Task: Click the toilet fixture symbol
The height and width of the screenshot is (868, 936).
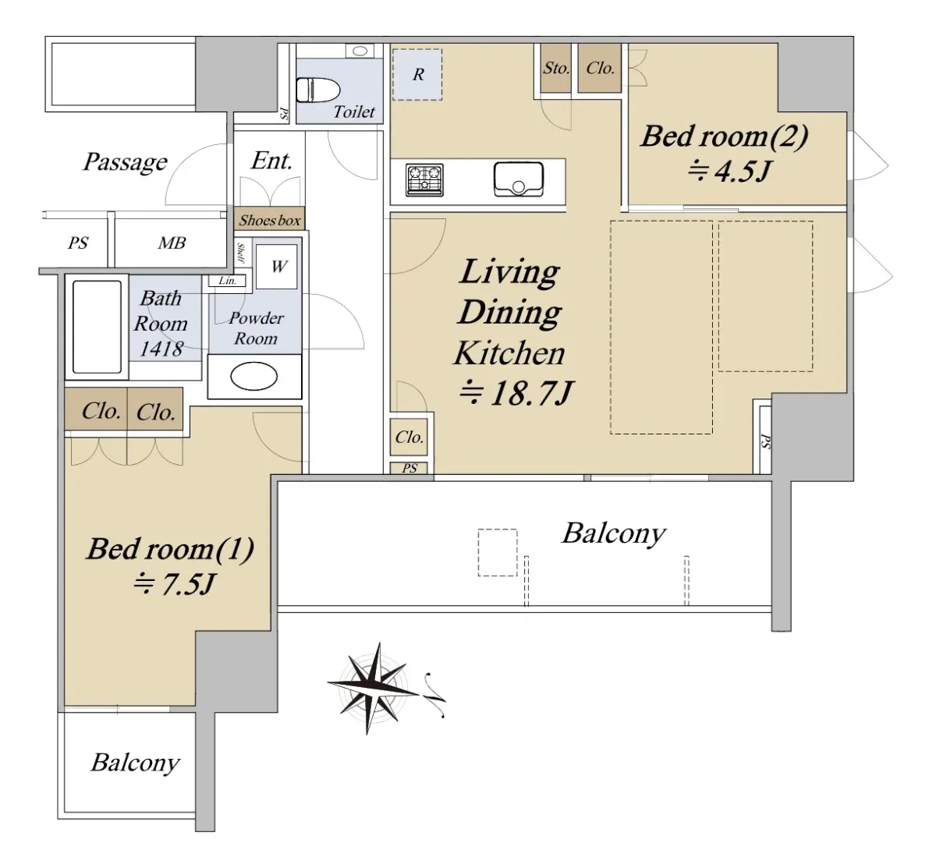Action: click(318, 90)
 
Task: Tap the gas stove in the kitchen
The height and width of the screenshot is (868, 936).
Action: click(424, 180)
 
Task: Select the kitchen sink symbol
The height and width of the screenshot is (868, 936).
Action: click(519, 179)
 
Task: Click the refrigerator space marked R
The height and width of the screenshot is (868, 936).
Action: click(417, 74)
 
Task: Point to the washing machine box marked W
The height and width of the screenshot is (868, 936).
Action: click(277, 267)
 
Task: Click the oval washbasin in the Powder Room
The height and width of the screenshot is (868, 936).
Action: click(254, 376)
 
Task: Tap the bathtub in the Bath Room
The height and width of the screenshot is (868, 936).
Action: click(97, 327)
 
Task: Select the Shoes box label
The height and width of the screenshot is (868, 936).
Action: click(270, 220)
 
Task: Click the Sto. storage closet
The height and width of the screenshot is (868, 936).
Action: click(556, 69)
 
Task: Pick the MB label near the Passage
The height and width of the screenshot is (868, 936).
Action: click(172, 243)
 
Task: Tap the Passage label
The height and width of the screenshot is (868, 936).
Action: click(125, 162)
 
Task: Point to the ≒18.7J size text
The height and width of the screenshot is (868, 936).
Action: click(516, 394)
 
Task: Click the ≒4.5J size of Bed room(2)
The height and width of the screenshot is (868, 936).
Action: click(729, 171)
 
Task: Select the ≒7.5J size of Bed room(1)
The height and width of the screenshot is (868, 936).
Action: click(175, 584)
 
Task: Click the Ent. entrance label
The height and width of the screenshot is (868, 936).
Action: click(271, 161)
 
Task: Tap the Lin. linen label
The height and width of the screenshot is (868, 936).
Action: click(227, 281)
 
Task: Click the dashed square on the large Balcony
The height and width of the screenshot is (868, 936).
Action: click(497, 552)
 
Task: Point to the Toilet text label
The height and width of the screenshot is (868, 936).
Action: click(354, 112)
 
